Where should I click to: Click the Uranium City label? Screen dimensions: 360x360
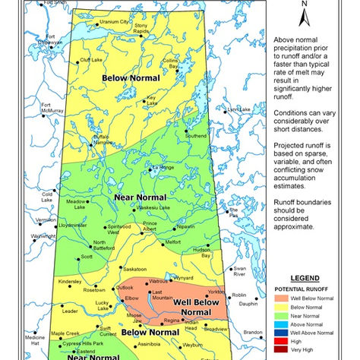tap(114, 22)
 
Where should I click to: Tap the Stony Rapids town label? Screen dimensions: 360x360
tap(142, 28)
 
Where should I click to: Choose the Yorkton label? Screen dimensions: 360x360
tap(216, 292)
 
